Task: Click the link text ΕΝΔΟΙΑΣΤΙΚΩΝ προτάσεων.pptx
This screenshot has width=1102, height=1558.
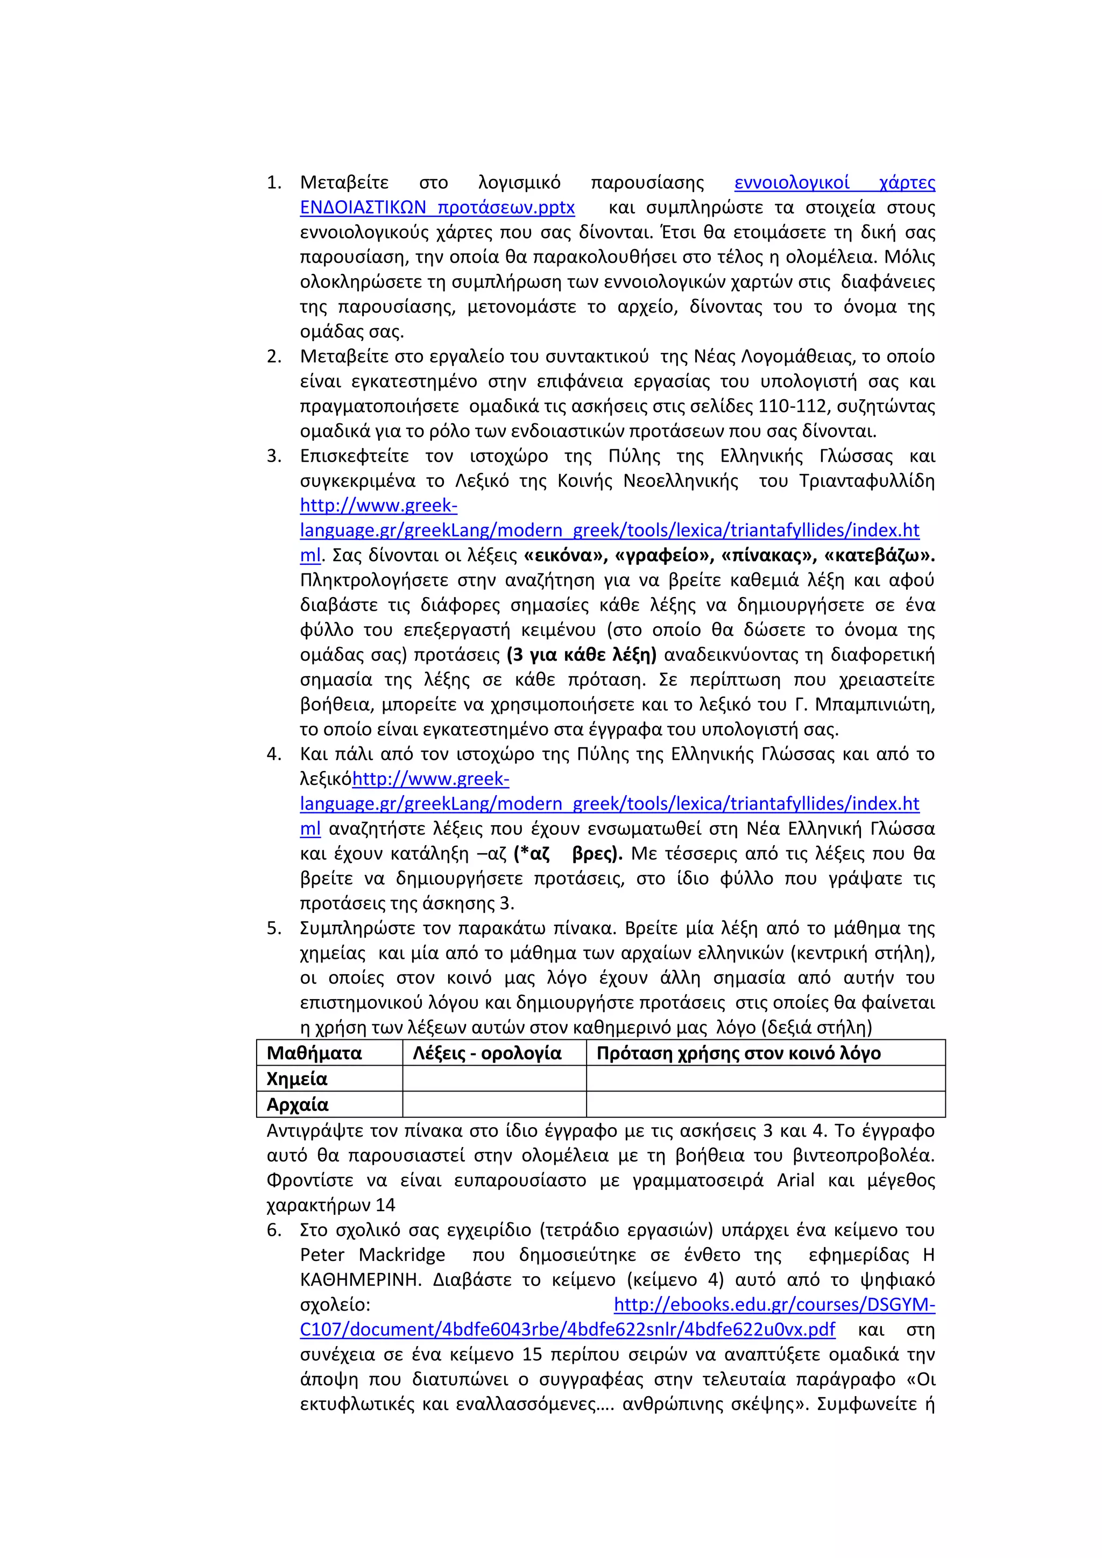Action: (437, 207)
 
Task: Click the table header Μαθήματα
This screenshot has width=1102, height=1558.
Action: (314, 1053)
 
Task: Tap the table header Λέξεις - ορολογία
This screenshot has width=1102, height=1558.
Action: (487, 1053)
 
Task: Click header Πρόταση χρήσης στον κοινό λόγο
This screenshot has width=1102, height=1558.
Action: (738, 1053)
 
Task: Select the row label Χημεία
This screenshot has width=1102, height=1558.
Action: (297, 1079)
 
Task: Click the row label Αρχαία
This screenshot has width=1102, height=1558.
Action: (297, 1104)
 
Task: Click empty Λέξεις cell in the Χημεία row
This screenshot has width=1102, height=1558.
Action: (494, 1079)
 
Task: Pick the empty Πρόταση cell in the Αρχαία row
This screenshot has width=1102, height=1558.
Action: (766, 1104)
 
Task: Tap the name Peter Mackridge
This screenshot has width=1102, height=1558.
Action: (372, 1255)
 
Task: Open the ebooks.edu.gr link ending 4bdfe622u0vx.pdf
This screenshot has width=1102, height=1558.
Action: (567, 1329)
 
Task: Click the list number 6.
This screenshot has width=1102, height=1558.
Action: (273, 1230)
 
